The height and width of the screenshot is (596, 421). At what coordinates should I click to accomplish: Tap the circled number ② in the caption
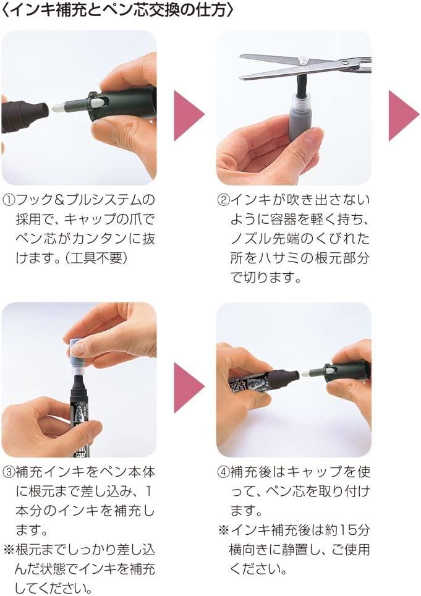223,201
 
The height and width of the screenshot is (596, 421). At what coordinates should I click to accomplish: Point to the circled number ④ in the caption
223,472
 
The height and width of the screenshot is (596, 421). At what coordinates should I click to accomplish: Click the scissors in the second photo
303,64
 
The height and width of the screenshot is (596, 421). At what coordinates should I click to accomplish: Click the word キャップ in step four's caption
318,472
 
